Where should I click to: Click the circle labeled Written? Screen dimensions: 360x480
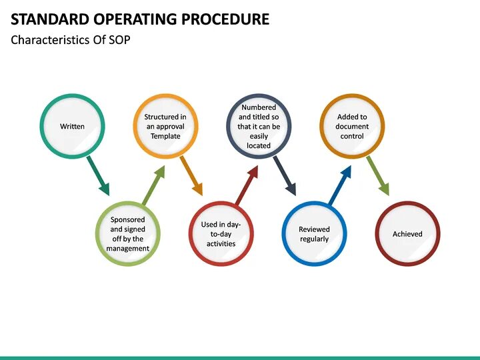pyautogui.click(x=72, y=126)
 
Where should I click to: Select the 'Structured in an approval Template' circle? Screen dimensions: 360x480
pyautogui.click(x=165, y=126)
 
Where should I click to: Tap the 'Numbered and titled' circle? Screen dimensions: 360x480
pyautogui.click(x=259, y=126)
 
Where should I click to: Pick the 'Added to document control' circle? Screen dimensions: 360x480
pyautogui.click(x=352, y=126)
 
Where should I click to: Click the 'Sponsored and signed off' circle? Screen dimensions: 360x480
pyautogui.click(x=128, y=234)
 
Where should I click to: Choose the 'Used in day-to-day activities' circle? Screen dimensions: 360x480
pyautogui.click(x=221, y=234)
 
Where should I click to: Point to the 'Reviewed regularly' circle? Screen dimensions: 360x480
pyautogui.click(x=314, y=234)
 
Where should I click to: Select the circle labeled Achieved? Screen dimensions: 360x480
pyautogui.click(x=407, y=234)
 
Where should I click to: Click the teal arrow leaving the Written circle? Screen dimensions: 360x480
pyautogui.click(x=98, y=175)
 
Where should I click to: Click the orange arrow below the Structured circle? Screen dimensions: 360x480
pyautogui.click(x=191, y=175)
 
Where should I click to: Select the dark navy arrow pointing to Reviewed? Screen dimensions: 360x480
pyautogui.click(x=285, y=175)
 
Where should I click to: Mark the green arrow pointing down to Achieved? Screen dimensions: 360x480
pyautogui.click(x=378, y=175)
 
